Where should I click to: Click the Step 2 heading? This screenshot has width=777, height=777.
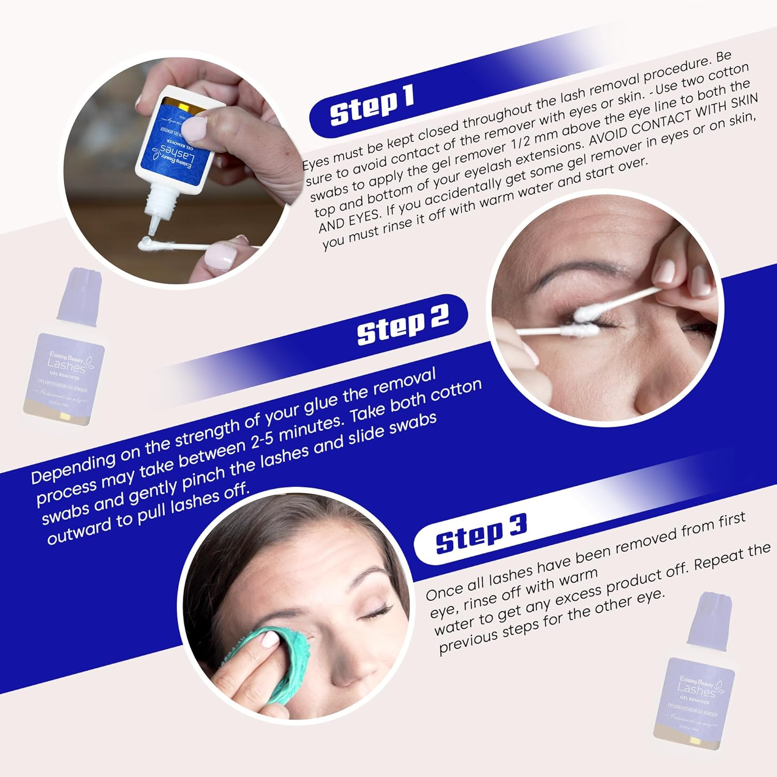(x=402, y=324)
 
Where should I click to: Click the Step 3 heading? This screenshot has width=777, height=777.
(x=481, y=534)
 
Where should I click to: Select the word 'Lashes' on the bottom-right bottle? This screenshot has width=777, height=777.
(x=696, y=690)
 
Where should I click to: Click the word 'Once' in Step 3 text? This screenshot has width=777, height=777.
(x=445, y=591)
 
